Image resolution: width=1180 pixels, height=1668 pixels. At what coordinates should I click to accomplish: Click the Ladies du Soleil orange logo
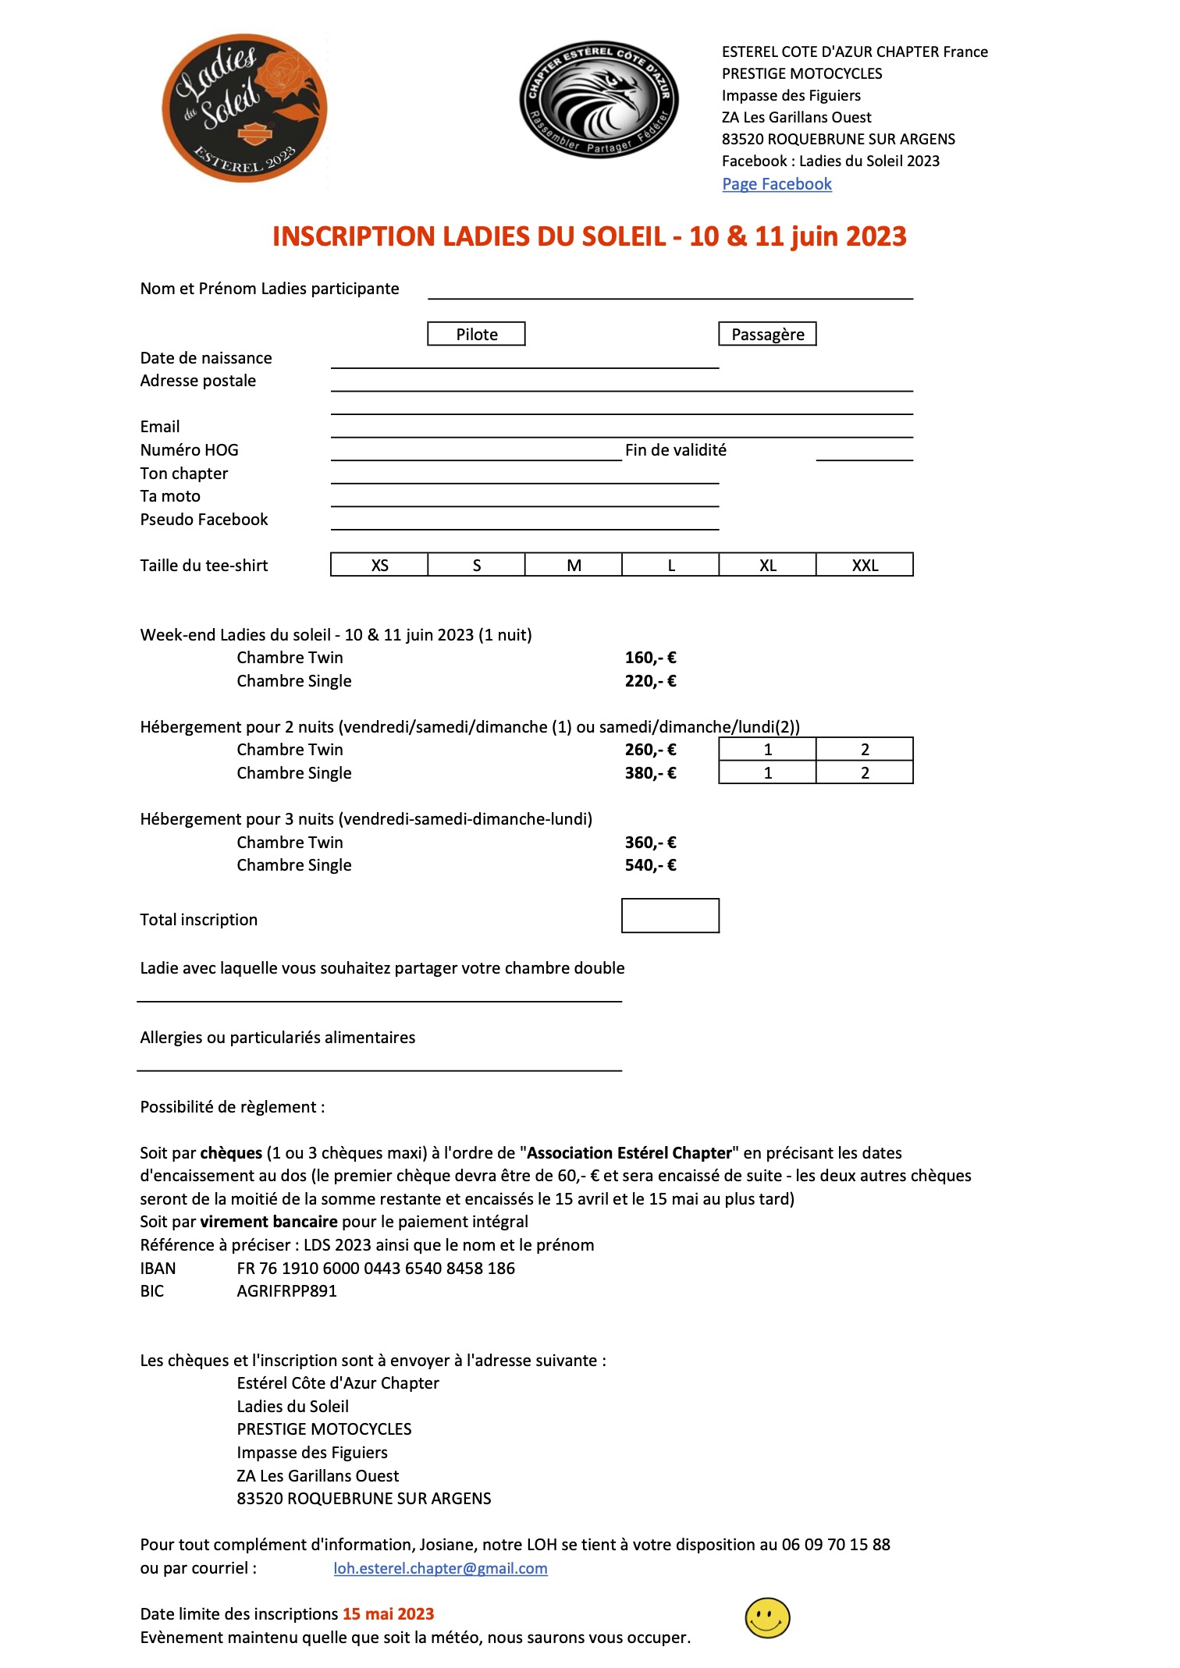[x=244, y=108]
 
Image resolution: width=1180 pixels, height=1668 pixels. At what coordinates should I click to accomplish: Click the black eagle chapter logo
[x=599, y=100]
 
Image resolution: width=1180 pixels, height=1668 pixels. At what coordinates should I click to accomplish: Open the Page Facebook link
[x=777, y=184]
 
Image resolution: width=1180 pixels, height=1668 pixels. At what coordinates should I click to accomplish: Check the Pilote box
[x=476, y=334]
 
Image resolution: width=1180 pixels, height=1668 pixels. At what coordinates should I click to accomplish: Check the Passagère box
[x=767, y=334]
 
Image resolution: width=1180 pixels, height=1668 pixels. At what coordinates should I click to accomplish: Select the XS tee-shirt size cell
[x=379, y=565]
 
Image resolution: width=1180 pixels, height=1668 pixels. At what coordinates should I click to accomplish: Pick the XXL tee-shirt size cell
[x=865, y=565]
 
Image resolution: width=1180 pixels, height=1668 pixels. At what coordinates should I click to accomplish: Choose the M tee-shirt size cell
[x=574, y=565]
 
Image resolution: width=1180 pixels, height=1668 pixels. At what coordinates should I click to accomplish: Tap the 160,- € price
[x=650, y=658]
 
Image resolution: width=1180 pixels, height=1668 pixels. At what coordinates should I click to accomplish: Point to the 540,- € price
[x=650, y=865]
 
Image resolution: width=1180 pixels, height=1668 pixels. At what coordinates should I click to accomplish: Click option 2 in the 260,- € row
[x=865, y=750]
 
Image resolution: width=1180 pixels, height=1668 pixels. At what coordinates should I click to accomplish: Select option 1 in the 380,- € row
[x=767, y=773]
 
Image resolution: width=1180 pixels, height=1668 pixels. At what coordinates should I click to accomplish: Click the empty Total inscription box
[x=670, y=916]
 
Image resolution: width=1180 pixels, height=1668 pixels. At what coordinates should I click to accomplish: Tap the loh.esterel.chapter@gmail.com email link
[x=440, y=1568]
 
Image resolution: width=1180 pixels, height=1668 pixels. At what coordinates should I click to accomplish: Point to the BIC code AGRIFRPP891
[x=286, y=1291]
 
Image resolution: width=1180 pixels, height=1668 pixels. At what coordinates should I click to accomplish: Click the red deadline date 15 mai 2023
[x=388, y=1614]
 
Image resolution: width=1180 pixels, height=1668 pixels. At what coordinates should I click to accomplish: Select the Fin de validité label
[x=675, y=450]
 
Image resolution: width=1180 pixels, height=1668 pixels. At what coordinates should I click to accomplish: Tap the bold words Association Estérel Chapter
[x=630, y=1153]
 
